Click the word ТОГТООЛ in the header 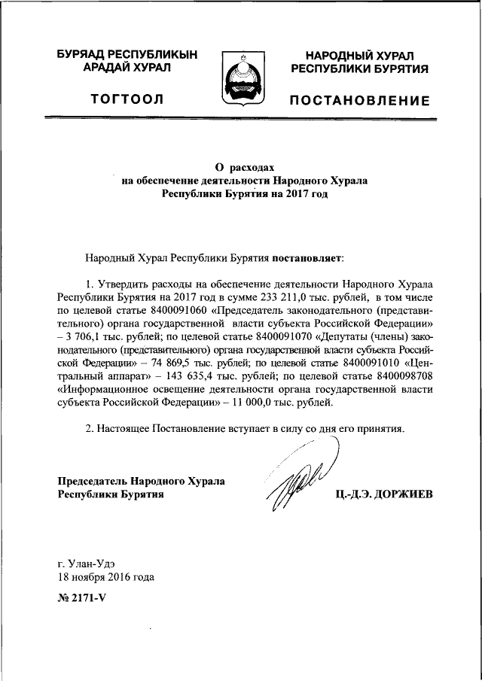(x=127, y=99)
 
